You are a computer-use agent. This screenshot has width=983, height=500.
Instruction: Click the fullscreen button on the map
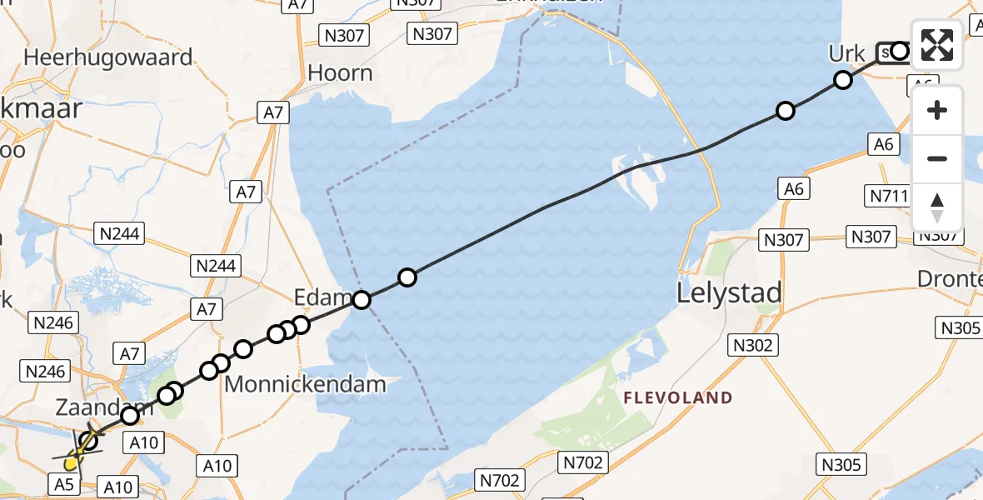(937, 45)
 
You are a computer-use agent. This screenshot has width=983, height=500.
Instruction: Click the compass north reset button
(937, 207)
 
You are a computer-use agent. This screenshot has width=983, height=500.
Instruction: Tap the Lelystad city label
(729, 293)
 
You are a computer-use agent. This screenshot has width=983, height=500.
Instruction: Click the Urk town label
(846, 55)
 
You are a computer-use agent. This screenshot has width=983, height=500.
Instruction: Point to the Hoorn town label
(340, 73)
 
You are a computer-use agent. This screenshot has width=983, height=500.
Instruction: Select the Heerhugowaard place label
(108, 57)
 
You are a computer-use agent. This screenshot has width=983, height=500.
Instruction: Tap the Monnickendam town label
(306, 385)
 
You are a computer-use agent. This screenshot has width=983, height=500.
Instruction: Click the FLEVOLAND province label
(678, 398)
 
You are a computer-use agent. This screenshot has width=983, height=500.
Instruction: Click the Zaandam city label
(94, 408)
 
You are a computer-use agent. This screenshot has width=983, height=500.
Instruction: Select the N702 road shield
(500, 480)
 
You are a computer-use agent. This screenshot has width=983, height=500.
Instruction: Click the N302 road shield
(754, 344)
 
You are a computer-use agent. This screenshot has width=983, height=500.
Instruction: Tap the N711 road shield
(889, 196)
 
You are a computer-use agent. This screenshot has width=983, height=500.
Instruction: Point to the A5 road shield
(67, 484)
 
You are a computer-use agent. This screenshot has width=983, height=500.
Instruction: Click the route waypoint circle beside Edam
(362, 300)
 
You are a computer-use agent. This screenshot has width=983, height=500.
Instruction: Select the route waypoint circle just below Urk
(843, 80)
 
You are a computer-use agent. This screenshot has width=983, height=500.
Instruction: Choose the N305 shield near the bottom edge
(841, 464)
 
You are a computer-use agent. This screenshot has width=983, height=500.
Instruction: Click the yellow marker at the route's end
(73, 460)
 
